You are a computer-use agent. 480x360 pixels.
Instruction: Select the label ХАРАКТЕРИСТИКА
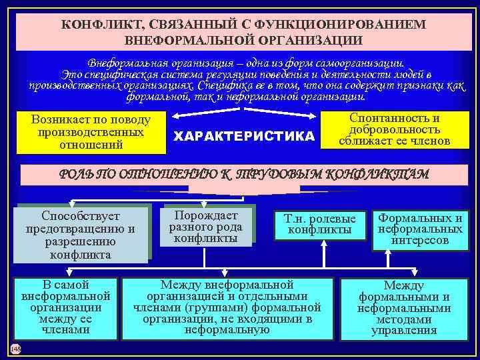click(x=243, y=137)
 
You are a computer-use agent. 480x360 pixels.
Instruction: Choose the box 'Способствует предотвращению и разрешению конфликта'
click(x=81, y=235)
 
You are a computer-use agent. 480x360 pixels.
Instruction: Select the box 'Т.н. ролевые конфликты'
click(x=320, y=224)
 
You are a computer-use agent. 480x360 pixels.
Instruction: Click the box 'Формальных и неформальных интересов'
click(x=420, y=229)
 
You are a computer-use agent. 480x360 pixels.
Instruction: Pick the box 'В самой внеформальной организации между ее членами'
click(x=66, y=307)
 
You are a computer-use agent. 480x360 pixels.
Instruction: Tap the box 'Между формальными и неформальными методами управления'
click(x=404, y=307)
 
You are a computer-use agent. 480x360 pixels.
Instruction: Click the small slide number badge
click(x=16, y=349)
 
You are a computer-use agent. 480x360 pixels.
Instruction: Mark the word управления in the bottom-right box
click(x=404, y=329)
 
